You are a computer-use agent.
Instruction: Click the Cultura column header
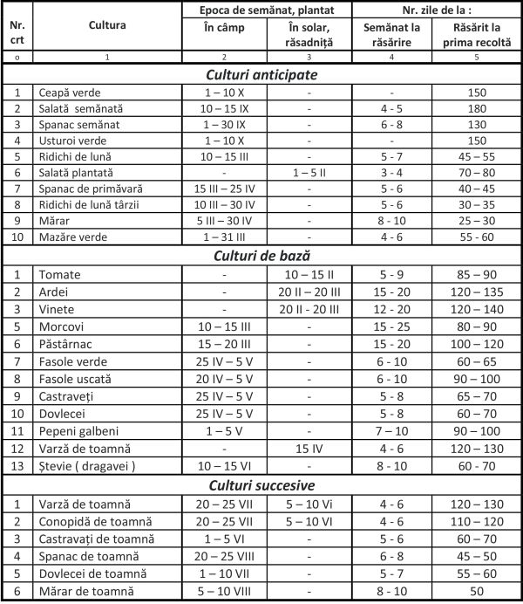(107, 25)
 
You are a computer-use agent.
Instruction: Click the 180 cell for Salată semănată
(476, 108)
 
